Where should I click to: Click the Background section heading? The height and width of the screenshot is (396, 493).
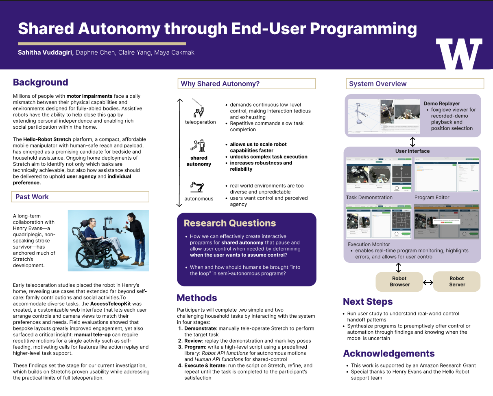(41, 82)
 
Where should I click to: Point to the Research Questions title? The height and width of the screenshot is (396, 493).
(230, 223)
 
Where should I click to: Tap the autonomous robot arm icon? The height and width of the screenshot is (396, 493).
(197, 187)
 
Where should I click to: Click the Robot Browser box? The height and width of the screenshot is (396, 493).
(399, 282)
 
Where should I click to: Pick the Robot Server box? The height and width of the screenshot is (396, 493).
(457, 282)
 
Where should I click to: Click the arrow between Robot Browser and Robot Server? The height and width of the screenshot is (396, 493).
(428, 282)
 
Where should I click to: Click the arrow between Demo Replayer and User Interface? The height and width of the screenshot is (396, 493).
(412, 142)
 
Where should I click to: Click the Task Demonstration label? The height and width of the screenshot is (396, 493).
(369, 198)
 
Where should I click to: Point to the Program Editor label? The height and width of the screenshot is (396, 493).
(432, 198)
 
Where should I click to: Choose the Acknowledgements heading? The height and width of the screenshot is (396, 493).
(388, 353)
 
